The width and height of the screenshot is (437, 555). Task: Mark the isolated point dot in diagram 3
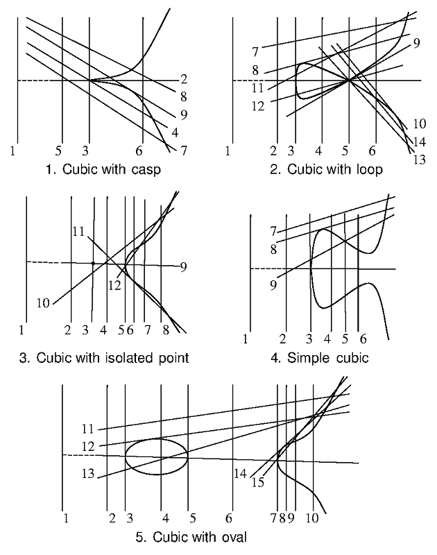pos(92,263)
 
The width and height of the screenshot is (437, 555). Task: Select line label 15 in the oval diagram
pos(258,482)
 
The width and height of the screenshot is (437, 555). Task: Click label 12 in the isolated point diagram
pos(115,284)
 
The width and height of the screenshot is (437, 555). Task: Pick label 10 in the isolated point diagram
pos(44,302)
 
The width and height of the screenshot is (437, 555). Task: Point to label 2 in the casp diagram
pos(184,78)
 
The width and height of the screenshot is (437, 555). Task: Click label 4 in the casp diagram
pos(175,132)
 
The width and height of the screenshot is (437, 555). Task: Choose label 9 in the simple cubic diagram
pos(273,284)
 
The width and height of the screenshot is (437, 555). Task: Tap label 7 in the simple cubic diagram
pos(273,230)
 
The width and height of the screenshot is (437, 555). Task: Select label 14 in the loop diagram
pos(418,142)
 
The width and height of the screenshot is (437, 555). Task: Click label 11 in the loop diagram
pos(257,88)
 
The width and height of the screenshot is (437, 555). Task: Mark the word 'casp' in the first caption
pos(146,169)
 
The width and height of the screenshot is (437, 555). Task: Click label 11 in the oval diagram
pos(88,429)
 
